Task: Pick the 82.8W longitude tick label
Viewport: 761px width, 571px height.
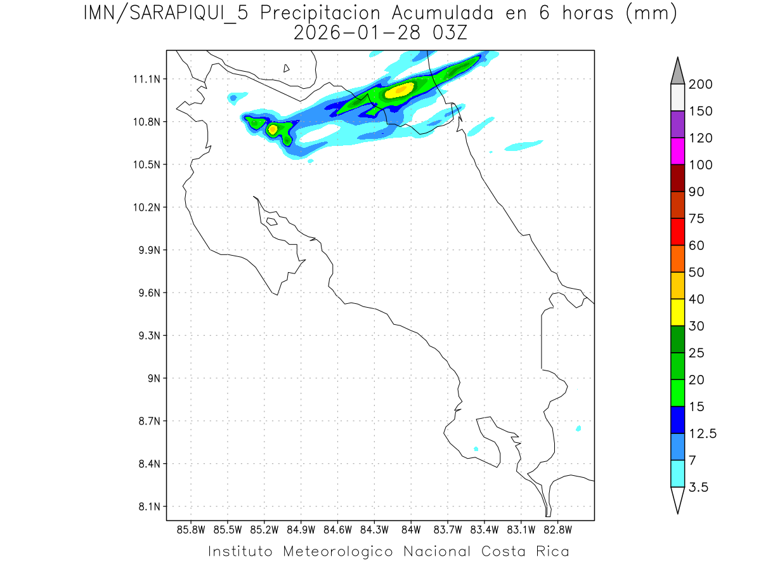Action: (x=557, y=528)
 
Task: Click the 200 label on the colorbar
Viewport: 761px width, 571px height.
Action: (x=701, y=84)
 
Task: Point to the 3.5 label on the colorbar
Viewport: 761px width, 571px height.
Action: (x=698, y=487)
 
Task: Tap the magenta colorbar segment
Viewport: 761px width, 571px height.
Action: (x=677, y=151)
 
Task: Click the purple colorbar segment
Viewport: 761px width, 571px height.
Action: (x=677, y=124)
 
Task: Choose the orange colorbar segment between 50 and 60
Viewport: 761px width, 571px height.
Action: (x=677, y=258)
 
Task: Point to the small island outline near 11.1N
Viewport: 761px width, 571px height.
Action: (x=287, y=68)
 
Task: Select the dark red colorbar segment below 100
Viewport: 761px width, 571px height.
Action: (x=677, y=178)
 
